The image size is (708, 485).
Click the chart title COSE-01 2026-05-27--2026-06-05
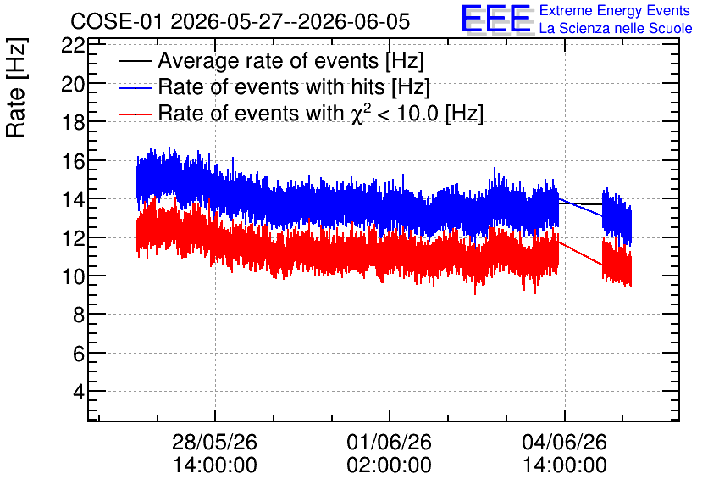coord(241,21)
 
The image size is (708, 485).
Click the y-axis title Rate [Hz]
coord(16,87)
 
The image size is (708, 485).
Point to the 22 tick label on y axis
coord(73,45)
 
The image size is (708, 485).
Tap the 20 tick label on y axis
coord(73,84)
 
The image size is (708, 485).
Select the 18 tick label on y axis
coord(73,122)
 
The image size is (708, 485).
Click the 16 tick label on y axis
coord(73,161)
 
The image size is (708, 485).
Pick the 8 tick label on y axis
coord(79,315)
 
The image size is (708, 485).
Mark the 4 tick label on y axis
coord(79,392)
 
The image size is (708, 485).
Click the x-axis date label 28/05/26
coord(214,442)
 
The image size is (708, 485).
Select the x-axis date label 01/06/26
coord(390,442)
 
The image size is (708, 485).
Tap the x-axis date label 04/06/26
coord(564,442)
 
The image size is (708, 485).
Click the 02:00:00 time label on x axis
coord(390,465)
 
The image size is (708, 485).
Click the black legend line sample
coord(135,61)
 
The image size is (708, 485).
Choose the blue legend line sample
coord(135,87)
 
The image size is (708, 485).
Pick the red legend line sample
coord(135,114)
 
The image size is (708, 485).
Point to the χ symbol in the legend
coord(357,114)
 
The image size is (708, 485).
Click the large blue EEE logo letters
coord(496,19)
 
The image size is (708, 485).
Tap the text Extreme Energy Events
coord(615,10)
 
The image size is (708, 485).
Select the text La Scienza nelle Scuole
coord(616,29)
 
